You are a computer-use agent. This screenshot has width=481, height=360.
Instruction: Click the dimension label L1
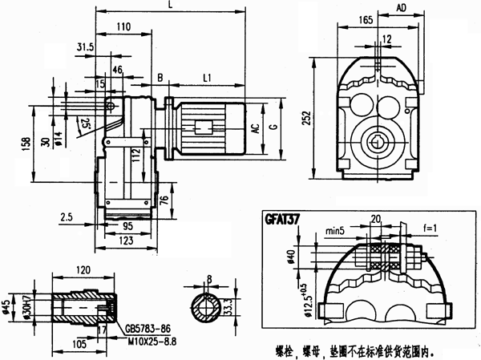point(207,78)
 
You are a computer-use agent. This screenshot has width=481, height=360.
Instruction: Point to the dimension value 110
point(123,27)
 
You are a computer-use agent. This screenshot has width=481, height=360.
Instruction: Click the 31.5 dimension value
point(85,48)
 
